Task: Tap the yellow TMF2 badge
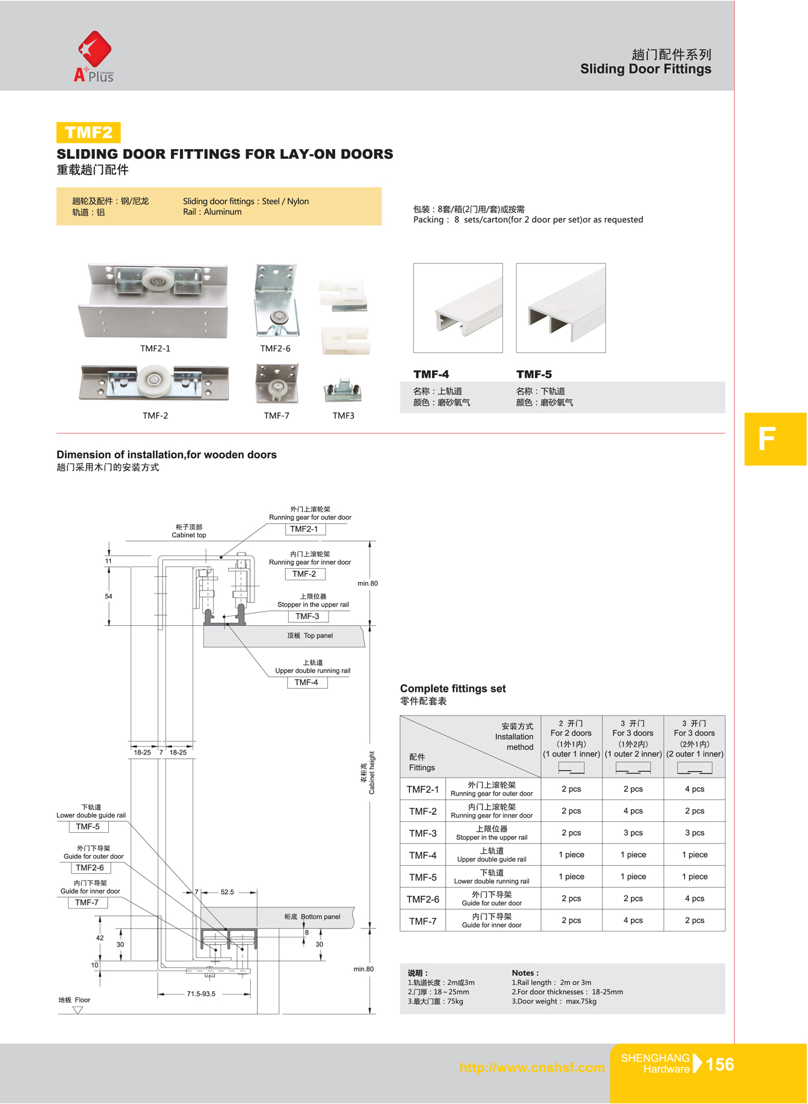click(x=88, y=132)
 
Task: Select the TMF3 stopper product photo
click(x=342, y=391)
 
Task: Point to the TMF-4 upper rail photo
click(x=458, y=308)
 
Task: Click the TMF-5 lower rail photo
click(x=561, y=308)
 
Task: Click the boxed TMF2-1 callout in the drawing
click(x=304, y=529)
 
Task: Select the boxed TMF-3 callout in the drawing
click(x=307, y=616)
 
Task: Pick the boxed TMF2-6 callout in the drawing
click(x=90, y=868)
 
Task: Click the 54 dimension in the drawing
click(x=108, y=596)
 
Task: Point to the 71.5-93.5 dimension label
click(x=201, y=994)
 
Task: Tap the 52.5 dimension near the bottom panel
click(x=227, y=892)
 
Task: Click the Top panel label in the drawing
click(x=310, y=636)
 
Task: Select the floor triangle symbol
click(x=78, y=1010)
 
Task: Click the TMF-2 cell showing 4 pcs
click(x=633, y=811)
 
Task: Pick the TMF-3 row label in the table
click(x=423, y=833)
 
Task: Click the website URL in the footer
click(x=532, y=1068)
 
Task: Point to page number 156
click(x=720, y=1065)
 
